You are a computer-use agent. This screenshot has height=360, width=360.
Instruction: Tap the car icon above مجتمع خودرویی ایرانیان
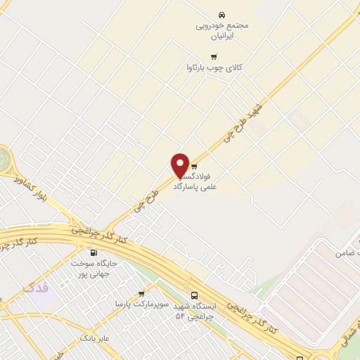coord(222,15)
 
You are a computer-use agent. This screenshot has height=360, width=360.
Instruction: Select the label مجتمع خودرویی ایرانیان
coord(222,30)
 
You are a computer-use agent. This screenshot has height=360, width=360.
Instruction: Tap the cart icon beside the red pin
coord(194,167)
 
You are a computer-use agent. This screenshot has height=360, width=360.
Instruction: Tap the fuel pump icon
coord(93,252)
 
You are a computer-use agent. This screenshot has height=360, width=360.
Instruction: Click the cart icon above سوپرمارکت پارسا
coord(141,294)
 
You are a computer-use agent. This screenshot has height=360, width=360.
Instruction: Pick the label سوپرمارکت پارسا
coord(140,304)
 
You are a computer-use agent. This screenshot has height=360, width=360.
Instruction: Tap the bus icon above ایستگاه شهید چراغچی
coord(194,296)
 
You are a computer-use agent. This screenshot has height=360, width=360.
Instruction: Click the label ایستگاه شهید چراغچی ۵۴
coord(196,311)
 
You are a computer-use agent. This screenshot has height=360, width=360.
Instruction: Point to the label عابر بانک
coord(94,338)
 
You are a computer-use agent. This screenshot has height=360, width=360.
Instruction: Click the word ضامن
coord(345,252)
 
